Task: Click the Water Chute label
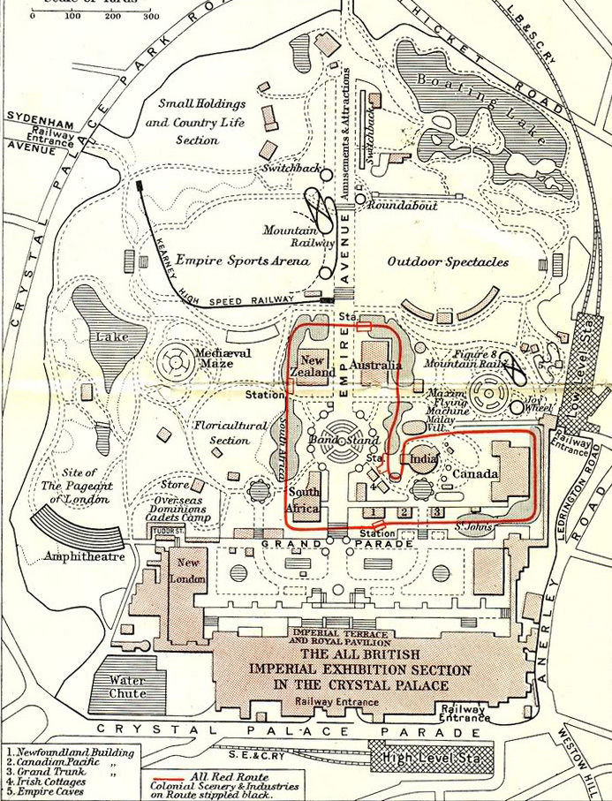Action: click(x=127, y=686)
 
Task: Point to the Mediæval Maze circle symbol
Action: click(x=171, y=361)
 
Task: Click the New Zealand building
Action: click(x=315, y=366)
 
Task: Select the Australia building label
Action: click(x=375, y=365)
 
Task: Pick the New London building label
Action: click(x=192, y=570)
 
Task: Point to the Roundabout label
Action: click(x=403, y=205)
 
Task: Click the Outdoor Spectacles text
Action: click(x=448, y=261)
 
